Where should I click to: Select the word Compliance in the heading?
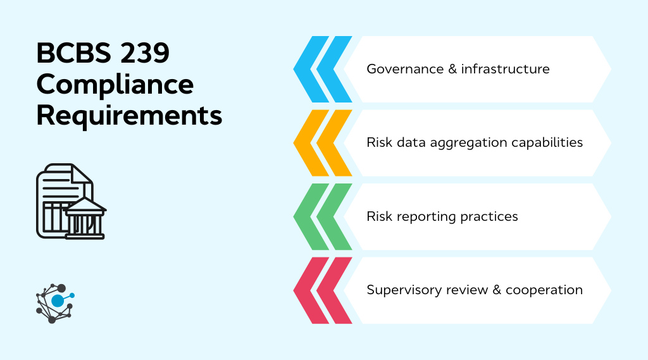(x=115, y=85)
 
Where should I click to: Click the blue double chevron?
(x=323, y=69)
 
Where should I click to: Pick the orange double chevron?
(x=323, y=142)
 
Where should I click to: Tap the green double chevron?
(x=323, y=216)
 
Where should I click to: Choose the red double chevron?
(x=323, y=290)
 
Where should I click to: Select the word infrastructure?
(x=505, y=69)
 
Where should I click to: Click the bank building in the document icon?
(x=85, y=218)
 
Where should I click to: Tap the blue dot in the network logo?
(x=58, y=301)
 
